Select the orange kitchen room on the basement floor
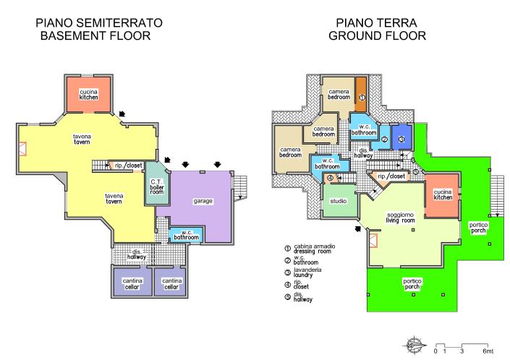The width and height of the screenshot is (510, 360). pyautogui.click(x=89, y=93)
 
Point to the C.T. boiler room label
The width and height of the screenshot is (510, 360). pyautogui.click(x=156, y=186)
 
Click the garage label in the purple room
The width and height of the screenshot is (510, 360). pyautogui.click(x=203, y=200)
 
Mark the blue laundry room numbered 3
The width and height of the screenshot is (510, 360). pyautogui.click(x=401, y=137)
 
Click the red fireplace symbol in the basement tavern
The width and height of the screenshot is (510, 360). pyautogui.click(x=22, y=149)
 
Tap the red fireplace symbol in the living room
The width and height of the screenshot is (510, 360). pyautogui.click(x=373, y=240)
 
